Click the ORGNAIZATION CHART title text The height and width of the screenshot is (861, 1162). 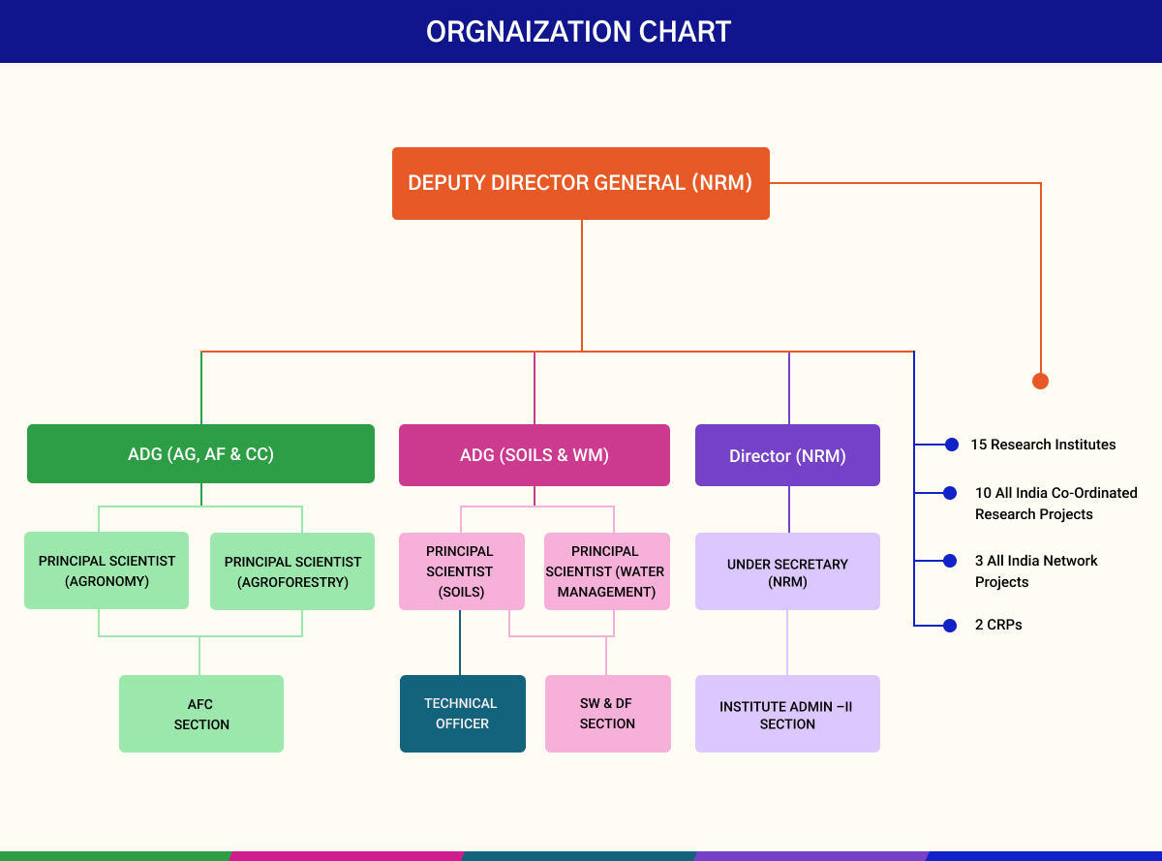coord(579,32)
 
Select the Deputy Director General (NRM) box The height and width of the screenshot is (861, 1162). coord(580,183)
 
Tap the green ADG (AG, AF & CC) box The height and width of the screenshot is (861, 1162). coord(200,453)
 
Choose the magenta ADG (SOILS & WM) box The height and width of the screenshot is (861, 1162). coord(534,454)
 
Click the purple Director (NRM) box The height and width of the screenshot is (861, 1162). coord(787,455)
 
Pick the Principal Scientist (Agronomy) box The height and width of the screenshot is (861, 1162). coord(107,571)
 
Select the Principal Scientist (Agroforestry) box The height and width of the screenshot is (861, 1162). coord(292,571)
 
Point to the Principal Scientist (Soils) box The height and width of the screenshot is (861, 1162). coord(461,571)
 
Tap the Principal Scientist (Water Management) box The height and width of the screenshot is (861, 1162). coord(606,571)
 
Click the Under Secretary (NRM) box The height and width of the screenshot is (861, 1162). coord(787,571)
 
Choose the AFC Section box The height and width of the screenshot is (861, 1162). coord(201,714)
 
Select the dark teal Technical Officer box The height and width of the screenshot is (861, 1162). coord(462,714)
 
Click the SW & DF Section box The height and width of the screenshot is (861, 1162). coord(607,714)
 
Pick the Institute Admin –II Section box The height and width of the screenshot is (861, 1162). coord(787,714)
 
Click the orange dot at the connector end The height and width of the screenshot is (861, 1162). coord(1040,381)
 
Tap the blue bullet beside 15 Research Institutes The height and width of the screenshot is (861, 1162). coord(951,445)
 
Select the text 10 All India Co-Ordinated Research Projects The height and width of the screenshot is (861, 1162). coord(1055,504)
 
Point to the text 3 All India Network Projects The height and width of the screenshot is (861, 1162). coord(1036,571)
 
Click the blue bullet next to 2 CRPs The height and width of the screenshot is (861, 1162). coord(951,626)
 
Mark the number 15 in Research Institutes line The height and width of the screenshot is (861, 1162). coord(979,445)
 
